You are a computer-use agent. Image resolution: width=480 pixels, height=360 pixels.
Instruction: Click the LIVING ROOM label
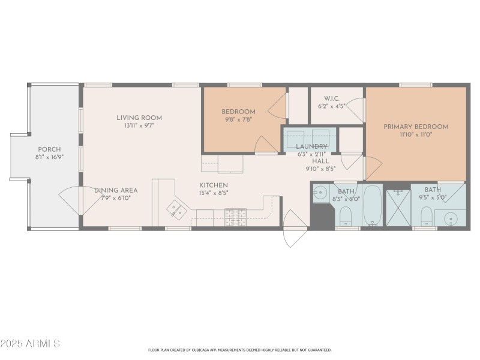[x=139, y=118]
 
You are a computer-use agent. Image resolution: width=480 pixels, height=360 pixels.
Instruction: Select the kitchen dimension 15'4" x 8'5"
[x=214, y=193]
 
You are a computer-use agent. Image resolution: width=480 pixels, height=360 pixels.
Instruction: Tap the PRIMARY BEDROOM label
[x=416, y=127]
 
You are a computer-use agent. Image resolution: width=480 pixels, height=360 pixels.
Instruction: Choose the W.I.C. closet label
[x=332, y=98]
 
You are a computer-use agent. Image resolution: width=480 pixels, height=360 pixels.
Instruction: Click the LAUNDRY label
[x=311, y=146]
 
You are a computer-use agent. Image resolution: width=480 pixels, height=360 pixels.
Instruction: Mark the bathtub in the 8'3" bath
[x=372, y=206]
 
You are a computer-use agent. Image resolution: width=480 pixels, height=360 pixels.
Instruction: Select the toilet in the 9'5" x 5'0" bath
[x=427, y=215]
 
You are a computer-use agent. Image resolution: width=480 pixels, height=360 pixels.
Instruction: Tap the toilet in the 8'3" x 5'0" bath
[x=346, y=215]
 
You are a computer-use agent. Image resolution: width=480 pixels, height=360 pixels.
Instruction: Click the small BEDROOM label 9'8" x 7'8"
[x=238, y=112]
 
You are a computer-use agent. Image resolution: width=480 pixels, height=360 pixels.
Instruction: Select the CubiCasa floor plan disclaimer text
[x=239, y=350]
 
